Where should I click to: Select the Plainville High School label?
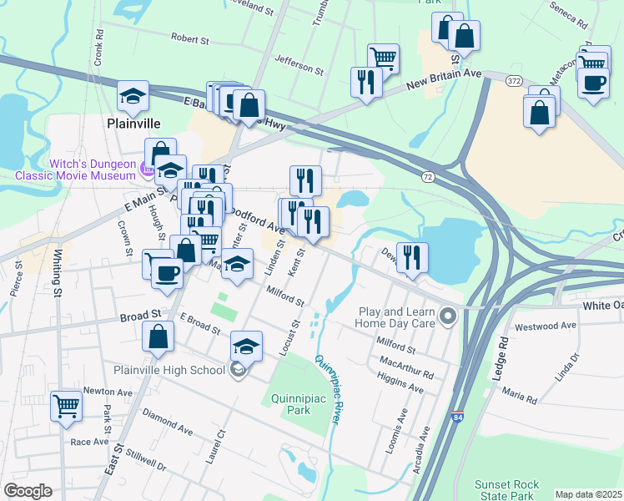[170, 370]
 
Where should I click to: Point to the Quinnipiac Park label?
[297, 405]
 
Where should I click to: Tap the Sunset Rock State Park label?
[507, 489]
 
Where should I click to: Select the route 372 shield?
[514, 78]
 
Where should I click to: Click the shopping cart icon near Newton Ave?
[66, 407]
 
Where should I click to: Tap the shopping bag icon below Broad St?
[158, 337]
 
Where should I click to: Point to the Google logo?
[28, 491]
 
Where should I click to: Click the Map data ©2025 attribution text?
[588, 494]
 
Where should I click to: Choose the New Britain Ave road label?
[445, 81]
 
